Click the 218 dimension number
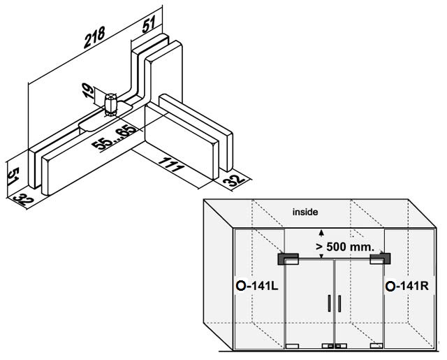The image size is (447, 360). [94, 37]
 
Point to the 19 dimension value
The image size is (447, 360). [89, 91]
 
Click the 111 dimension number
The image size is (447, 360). [170, 164]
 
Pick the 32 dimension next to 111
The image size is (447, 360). [233, 180]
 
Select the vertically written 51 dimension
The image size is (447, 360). [13, 176]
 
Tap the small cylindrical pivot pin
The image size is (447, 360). [110, 104]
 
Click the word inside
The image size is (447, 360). [305, 212]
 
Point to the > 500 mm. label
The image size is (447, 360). [345, 247]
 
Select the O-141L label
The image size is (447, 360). [257, 286]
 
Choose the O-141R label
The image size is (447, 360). [406, 286]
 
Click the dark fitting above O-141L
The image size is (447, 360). [288, 259]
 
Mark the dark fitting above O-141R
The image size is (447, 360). [380, 259]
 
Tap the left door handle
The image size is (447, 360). [329, 303]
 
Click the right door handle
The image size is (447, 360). [339, 303]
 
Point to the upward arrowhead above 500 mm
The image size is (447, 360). [321, 233]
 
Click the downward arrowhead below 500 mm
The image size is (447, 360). [321, 256]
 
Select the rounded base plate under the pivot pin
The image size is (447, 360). [105, 117]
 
